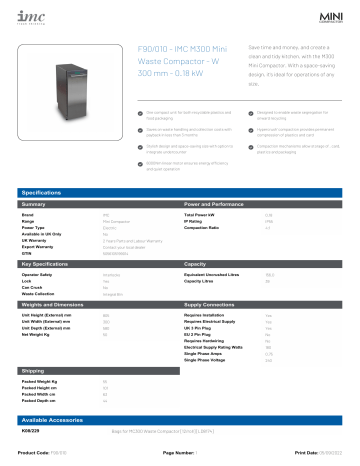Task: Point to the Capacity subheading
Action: [196, 263]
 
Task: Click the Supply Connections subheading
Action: [211, 302]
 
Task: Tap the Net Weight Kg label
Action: [36, 334]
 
